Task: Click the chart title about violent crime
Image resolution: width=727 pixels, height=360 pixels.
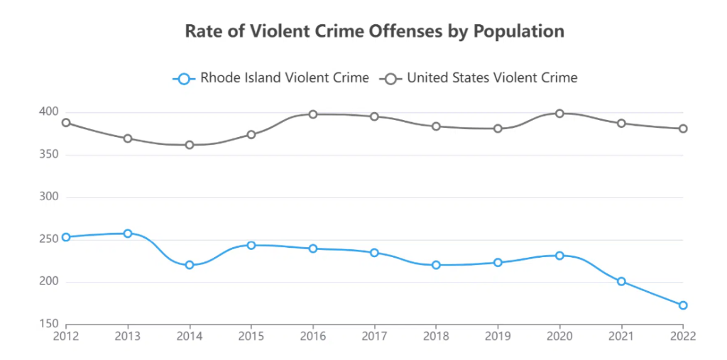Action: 374,31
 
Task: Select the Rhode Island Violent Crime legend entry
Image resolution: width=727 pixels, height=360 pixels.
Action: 270,78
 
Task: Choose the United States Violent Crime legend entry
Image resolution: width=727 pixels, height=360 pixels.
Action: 480,78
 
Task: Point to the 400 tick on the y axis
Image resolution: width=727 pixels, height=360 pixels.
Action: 48,111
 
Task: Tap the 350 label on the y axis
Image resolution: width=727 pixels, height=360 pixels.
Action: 48,154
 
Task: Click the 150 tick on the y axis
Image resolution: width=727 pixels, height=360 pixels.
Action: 48,324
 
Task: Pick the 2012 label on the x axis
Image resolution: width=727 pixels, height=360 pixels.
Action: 66,336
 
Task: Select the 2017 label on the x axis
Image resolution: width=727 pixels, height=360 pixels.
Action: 374,336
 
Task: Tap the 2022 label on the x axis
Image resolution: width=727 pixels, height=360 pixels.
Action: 682,336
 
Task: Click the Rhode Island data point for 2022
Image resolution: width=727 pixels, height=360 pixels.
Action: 683,305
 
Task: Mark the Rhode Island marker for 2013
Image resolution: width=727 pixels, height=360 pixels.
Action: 128,233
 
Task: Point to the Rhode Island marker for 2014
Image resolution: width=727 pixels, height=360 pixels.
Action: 190,265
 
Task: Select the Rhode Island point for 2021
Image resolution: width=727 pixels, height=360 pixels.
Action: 621,281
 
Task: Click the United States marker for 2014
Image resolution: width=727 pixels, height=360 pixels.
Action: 190,145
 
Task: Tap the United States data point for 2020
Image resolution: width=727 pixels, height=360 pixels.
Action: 559,113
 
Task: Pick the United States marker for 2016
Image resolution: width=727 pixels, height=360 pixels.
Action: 312,114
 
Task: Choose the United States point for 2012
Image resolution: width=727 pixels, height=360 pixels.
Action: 66,122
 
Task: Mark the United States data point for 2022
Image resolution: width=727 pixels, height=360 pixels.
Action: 683,129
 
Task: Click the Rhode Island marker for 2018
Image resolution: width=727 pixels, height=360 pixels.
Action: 436,265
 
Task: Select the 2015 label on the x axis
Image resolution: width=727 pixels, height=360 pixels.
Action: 251,336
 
